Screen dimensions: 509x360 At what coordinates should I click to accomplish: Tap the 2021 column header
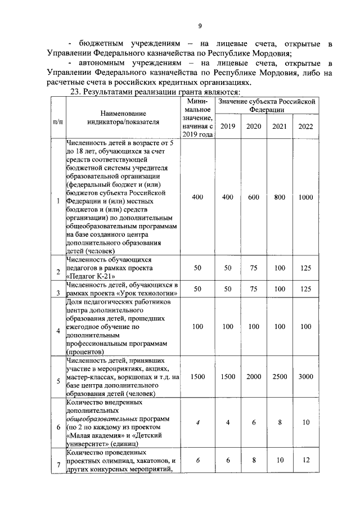[x=280, y=126]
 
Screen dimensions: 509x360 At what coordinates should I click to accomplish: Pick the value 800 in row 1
[x=280, y=197]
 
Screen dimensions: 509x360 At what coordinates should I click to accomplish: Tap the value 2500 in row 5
[x=280, y=377]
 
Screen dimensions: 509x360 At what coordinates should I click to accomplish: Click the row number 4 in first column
[x=58, y=330]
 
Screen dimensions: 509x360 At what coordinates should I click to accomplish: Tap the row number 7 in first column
[x=58, y=464]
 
